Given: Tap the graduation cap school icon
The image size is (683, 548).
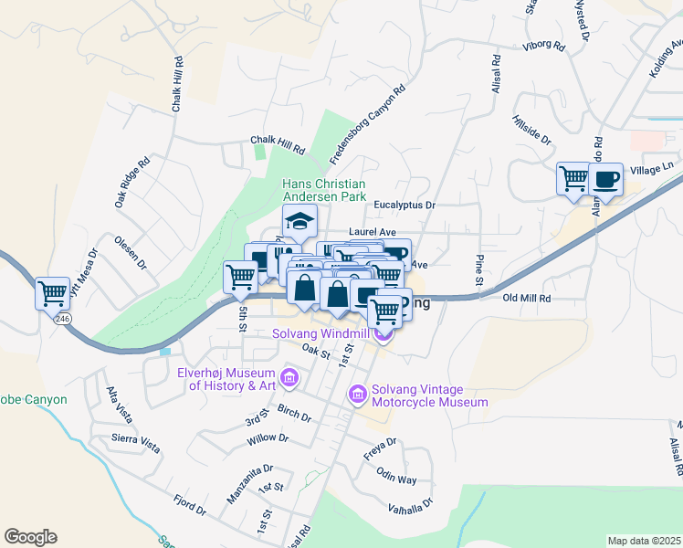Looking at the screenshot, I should (299, 220).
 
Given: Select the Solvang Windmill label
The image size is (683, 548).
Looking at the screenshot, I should (325, 333).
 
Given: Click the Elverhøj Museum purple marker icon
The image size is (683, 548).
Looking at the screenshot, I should (289, 376).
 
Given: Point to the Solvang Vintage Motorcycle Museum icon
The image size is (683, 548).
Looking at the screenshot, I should (357, 394).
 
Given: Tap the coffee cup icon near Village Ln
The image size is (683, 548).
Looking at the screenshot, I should (604, 179).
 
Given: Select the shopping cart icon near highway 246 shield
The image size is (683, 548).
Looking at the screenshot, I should (52, 293).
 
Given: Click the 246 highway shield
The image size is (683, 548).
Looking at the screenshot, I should (62, 319).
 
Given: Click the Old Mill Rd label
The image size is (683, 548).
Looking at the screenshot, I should (528, 298).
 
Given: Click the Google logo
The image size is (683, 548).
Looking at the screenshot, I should (30, 537).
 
